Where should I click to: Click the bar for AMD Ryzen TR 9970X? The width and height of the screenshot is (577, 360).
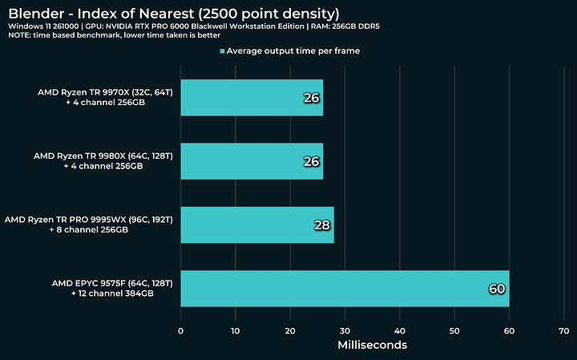point(252,97)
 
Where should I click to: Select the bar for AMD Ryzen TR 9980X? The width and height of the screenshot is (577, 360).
point(252,161)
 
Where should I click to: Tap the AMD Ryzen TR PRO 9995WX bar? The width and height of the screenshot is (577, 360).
point(257,224)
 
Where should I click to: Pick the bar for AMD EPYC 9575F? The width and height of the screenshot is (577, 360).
point(345,288)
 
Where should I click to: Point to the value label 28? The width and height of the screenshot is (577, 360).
point(322,225)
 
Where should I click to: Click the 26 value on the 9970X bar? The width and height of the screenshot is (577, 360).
point(312,98)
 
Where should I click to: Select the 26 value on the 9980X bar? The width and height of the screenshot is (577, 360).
point(312,162)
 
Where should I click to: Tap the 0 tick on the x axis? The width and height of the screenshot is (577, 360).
point(181,330)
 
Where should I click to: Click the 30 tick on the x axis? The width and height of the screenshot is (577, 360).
point(345,330)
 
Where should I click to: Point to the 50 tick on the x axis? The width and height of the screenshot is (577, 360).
point(454,330)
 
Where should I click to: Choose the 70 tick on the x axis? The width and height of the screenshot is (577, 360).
point(564,330)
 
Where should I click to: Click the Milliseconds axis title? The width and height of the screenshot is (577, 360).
point(372,345)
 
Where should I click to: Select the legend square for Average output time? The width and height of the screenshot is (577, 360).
point(222,51)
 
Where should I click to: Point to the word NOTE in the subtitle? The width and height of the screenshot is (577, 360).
point(19,35)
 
